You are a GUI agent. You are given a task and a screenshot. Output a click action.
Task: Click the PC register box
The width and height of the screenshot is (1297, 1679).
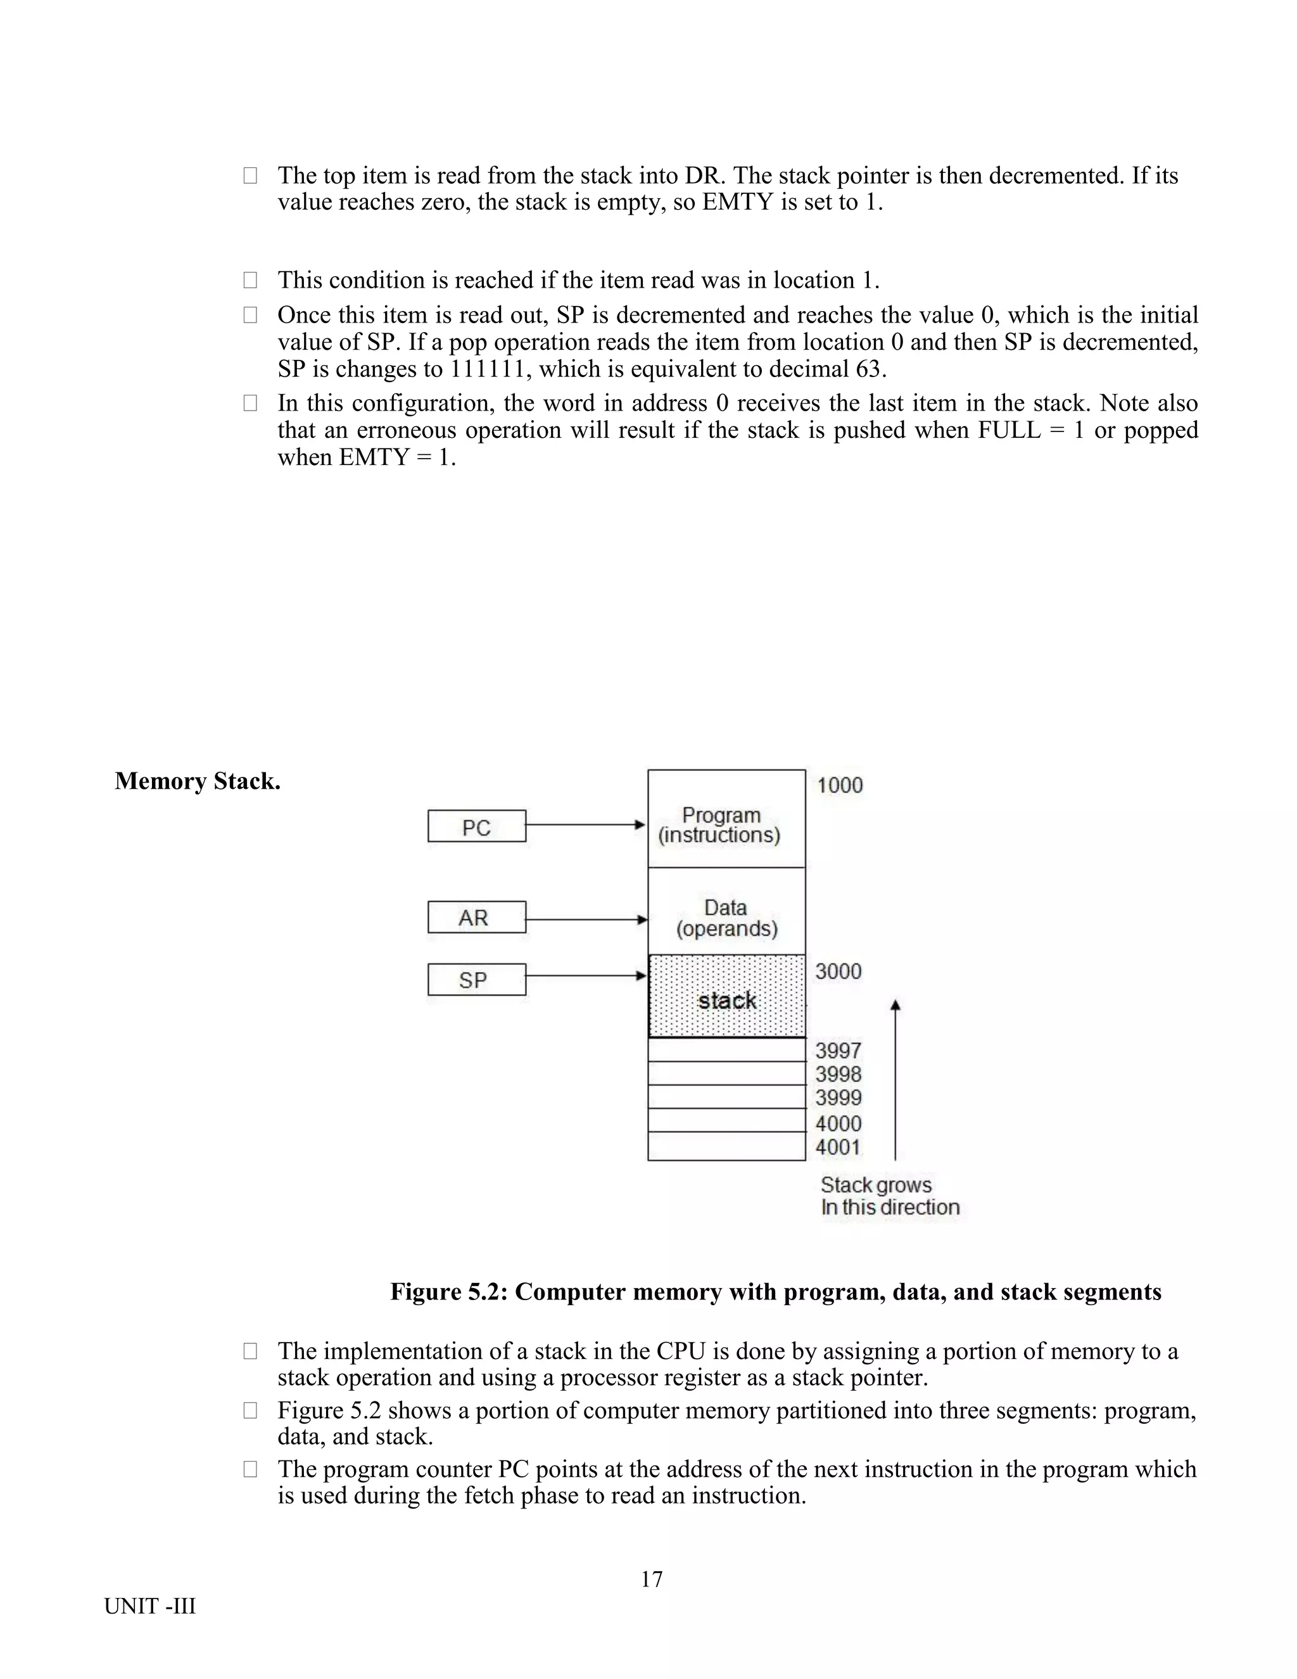pyautogui.click(x=476, y=826)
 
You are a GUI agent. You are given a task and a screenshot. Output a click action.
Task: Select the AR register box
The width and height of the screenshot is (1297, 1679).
pyautogui.click(x=476, y=917)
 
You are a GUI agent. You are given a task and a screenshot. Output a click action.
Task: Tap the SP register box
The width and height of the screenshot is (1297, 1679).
pyautogui.click(x=476, y=980)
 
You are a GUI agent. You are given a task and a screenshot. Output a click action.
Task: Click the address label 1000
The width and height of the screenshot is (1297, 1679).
pyautogui.click(x=839, y=785)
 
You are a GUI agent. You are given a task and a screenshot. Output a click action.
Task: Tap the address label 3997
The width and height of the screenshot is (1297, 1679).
pyautogui.click(x=837, y=1050)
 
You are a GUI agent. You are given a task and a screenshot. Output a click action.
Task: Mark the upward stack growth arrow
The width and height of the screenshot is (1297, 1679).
pyautogui.click(x=895, y=1076)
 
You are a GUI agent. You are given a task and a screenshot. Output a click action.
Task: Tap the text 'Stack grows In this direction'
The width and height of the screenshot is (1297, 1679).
pyautogui.click(x=889, y=1196)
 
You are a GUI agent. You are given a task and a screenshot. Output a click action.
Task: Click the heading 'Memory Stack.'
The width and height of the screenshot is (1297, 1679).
pyautogui.click(x=198, y=781)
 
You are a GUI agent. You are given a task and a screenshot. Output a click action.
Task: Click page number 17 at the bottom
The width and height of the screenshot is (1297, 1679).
pyautogui.click(x=651, y=1578)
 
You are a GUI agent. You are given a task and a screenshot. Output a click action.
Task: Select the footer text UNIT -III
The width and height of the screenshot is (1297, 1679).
pyautogui.click(x=150, y=1606)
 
